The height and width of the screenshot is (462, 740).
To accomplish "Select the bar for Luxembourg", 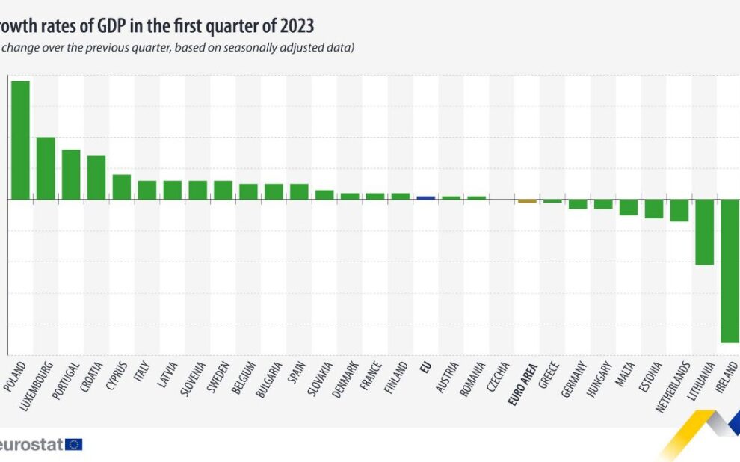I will pos(46,168).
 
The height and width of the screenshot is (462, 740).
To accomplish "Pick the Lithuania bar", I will pos(704,232).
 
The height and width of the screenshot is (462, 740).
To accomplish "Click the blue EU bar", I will pos(425,198).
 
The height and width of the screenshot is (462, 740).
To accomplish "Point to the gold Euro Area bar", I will pos(527,201).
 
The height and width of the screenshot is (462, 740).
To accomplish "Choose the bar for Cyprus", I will pos(122,187).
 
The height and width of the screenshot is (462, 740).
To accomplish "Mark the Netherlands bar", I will pos(679,211).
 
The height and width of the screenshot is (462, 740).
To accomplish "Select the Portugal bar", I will pos(71,174).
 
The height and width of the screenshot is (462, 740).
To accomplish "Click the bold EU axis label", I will pos(427,368).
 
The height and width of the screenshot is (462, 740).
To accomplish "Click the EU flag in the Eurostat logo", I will pos(74,445).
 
